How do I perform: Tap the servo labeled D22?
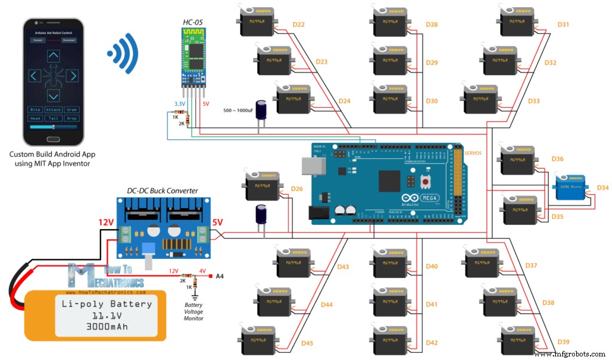tap(256, 23)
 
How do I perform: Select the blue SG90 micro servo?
tap(571, 188)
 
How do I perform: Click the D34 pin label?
tap(602, 188)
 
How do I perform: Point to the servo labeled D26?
tap(262, 186)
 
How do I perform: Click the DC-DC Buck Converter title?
tap(162, 191)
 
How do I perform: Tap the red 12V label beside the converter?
tap(106, 222)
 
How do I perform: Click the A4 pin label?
tap(219, 276)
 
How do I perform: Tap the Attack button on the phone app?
tap(54, 110)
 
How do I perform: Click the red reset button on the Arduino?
tap(425, 181)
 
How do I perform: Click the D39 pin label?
tap(563, 341)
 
